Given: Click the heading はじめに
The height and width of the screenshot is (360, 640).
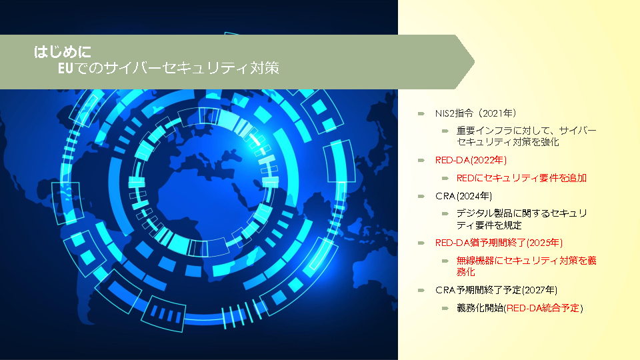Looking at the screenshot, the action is [63, 52].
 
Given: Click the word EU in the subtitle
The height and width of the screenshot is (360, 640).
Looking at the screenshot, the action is [65, 68].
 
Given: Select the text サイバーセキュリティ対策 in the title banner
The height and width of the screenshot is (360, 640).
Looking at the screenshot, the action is [192, 68].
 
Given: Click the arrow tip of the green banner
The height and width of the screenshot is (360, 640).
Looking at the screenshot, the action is [474, 62].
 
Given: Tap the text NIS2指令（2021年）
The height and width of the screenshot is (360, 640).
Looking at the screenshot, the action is [475, 113].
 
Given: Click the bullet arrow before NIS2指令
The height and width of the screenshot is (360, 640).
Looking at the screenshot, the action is [421, 113].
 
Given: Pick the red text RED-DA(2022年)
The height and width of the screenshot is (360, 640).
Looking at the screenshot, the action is [471, 160].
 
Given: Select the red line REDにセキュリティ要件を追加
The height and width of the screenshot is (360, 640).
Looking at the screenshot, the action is [521, 178].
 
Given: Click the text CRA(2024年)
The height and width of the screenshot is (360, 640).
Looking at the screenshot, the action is [463, 196].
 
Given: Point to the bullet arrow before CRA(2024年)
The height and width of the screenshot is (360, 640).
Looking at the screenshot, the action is [421, 196].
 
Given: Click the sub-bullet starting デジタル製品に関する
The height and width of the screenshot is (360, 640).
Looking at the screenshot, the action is [521, 219].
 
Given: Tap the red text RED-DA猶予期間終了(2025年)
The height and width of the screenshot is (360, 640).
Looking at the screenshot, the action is [499, 243].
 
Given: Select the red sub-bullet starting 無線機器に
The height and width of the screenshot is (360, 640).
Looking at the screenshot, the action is [526, 266].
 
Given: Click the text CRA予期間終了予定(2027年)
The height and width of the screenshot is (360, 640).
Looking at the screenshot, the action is [496, 290].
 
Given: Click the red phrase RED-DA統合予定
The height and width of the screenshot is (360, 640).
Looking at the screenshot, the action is [543, 308].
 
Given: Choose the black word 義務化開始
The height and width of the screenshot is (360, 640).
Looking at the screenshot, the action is [480, 308].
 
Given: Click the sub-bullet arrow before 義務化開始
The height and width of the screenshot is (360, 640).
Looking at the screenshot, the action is [445, 308].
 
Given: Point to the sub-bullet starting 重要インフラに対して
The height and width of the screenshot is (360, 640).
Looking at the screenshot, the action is [526, 136].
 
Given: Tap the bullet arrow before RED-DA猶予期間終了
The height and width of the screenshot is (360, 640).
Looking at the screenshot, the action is [421, 243].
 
